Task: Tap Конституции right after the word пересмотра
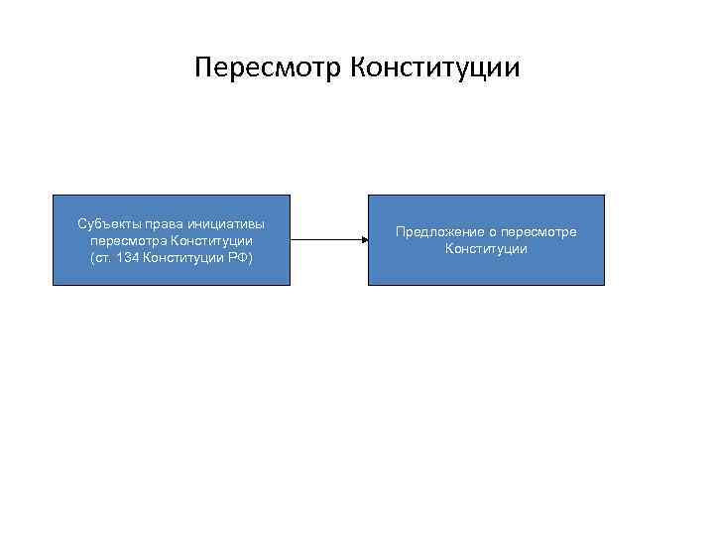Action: click(x=211, y=240)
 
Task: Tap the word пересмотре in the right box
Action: click(x=541, y=232)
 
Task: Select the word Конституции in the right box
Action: click(x=486, y=249)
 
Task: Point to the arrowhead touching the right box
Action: click(x=364, y=239)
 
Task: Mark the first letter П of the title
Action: click(x=204, y=68)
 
